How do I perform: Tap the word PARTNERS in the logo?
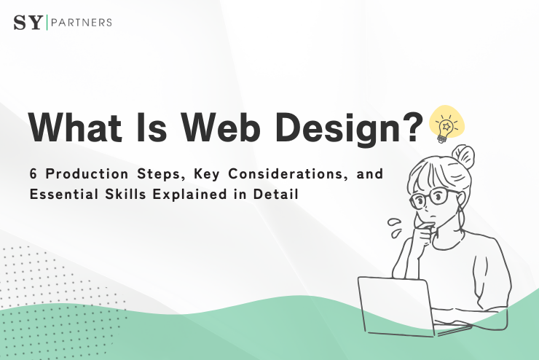pyautogui.click(x=81, y=23)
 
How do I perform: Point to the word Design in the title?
pyautogui.click(x=342, y=128)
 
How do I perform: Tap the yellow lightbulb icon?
pyautogui.click(x=445, y=125)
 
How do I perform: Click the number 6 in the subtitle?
pyautogui.click(x=32, y=176)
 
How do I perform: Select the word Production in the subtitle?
pyautogui.click(x=84, y=176)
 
